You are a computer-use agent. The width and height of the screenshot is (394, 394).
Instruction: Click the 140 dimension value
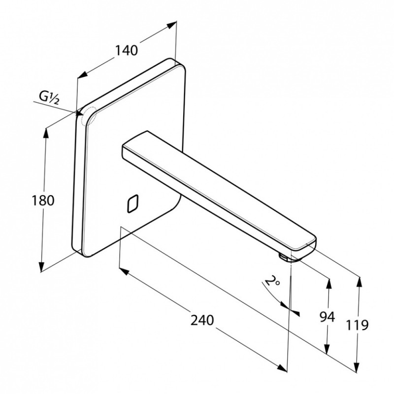[x=127, y=50]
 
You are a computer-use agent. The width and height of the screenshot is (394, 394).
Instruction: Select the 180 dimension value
[x=43, y=200]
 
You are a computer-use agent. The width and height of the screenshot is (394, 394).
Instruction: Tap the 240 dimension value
[x=202, y=320]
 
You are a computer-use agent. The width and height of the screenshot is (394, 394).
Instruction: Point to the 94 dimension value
[x=327, y=317]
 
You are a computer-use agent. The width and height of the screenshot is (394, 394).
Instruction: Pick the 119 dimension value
[x=357, y=325]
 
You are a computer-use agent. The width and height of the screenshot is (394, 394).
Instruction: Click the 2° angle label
[x=272, y=281]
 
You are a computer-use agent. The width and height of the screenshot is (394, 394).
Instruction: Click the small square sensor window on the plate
[x=133, y=203]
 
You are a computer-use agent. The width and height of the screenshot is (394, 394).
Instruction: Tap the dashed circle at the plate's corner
[x=89, y=116]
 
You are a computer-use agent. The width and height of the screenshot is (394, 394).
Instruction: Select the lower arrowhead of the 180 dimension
[x=41, y=266]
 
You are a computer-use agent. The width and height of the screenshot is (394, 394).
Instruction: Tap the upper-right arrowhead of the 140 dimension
[x=171, y=25]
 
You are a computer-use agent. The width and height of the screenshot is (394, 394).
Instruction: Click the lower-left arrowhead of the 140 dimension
[x=82, y=74]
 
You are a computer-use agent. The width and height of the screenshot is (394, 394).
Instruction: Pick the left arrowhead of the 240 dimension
[x=124, y=271]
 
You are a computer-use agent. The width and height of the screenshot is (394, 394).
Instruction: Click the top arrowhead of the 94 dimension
[x=328, y=284]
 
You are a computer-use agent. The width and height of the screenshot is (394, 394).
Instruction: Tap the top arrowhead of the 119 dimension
[x=360, y=282]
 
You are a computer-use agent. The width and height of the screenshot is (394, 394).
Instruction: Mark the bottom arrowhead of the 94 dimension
[x=327, y=348]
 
